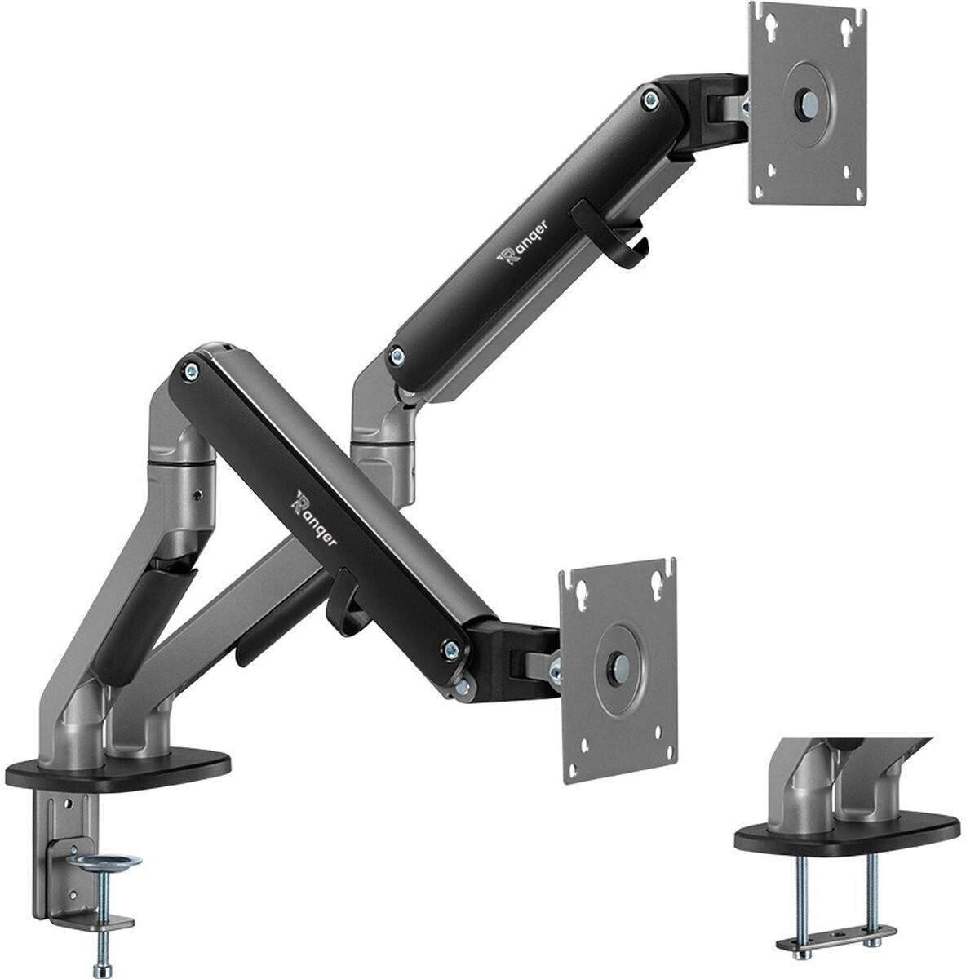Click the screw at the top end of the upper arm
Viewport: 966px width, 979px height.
pos(649,100)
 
